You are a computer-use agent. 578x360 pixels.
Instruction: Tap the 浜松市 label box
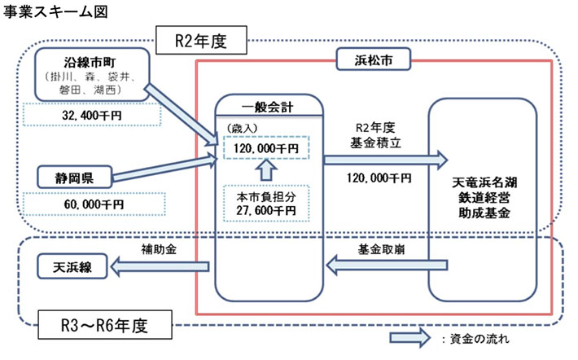371,59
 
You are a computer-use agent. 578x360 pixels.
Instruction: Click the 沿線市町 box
92,75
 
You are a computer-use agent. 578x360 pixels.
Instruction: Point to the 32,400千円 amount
92,116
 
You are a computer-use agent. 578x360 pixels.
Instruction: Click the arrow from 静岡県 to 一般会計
166,169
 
